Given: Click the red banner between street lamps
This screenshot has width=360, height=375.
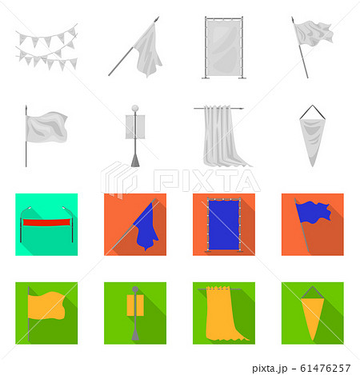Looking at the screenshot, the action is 46,222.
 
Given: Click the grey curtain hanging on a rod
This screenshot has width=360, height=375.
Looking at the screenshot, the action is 223,136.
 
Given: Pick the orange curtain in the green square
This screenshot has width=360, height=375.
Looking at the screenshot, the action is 224,314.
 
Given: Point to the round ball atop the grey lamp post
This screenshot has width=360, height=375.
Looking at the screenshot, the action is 135,108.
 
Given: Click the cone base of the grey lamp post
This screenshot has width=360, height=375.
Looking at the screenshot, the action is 135,161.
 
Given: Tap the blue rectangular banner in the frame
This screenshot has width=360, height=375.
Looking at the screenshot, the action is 224,225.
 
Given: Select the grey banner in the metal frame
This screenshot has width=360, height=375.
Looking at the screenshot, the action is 224,46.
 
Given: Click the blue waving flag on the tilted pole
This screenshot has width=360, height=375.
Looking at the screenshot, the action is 314,212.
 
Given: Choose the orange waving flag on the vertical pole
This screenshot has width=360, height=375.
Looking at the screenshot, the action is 46,305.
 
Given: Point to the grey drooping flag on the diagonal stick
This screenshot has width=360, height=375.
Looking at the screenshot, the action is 146,50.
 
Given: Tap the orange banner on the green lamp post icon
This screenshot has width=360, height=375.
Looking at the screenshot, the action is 135,305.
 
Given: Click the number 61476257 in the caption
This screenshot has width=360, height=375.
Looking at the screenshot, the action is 325,368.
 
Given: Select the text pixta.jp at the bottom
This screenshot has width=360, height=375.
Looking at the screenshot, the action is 270,369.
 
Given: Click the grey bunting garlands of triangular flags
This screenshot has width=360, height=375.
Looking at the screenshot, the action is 47,47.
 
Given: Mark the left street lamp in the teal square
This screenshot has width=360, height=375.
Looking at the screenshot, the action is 25,224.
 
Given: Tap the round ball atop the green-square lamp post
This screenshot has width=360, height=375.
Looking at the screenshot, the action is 135,289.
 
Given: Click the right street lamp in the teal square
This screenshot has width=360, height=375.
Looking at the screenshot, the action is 69,224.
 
